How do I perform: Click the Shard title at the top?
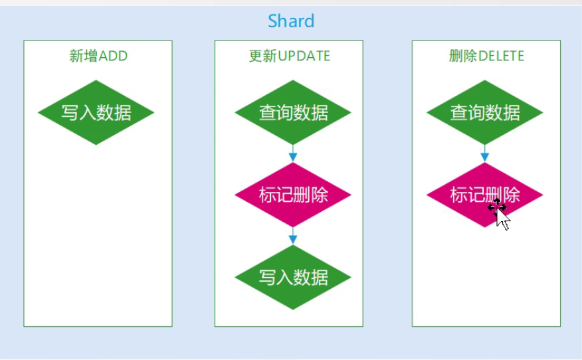tap(291, 21)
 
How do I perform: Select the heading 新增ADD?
tap(98, 56)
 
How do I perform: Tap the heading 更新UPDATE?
tap(289, 56)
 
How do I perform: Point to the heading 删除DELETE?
tap(486, 56)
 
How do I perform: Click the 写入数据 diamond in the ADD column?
tap(96, 112)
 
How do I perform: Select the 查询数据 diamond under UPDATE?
tap(293, 112)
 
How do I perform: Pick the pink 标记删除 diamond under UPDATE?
tap(293, 195)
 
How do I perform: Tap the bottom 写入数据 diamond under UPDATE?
tap(293, 277)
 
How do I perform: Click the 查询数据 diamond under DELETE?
tap(485, 112)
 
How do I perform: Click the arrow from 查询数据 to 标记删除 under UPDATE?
tap(293, 153)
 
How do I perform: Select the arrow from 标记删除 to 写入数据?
tap(293, 236)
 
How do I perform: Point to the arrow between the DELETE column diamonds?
tap(485, 153)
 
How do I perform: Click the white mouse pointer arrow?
tap(504, 220)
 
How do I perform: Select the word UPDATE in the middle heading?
tap(304, 56)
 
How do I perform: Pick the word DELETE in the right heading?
tap(501, 56)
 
